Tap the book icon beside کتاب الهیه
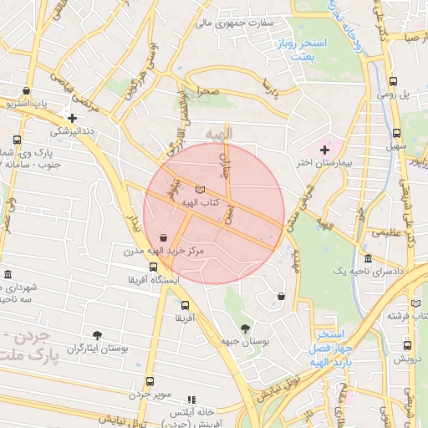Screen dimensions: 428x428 tap(199, 189)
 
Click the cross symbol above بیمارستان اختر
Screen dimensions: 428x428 tap(325, 149)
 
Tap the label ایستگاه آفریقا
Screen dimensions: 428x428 tap(152, 280)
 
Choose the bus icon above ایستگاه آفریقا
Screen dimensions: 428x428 tap(153, 267)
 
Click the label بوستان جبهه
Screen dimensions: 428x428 tap(245, 342)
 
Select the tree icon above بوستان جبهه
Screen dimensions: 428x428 tap(244, 329)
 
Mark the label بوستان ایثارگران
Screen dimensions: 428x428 tap(98, 348)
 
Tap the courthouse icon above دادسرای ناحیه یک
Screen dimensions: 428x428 tap(368, 259)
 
